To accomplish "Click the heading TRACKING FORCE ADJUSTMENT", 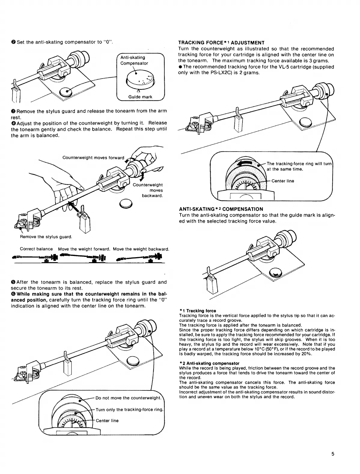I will [x=221, y=43].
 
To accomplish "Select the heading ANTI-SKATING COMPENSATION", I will [x=221, y=209].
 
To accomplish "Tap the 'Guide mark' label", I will [x=140, y=97].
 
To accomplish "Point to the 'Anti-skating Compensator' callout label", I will [x=134, y=60].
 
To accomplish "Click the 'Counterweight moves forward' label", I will [x=93, y=158].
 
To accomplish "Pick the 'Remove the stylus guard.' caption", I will [x=46, y=237].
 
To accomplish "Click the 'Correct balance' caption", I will [x=36, y=249].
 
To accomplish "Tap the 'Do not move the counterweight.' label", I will [x=129, y=398].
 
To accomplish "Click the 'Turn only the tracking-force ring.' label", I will [x=130, y=410].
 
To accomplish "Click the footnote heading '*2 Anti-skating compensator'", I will [x=209, y=363].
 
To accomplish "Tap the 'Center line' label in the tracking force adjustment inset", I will [x=282, y=181].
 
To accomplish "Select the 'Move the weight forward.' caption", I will [x=84, y=249].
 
